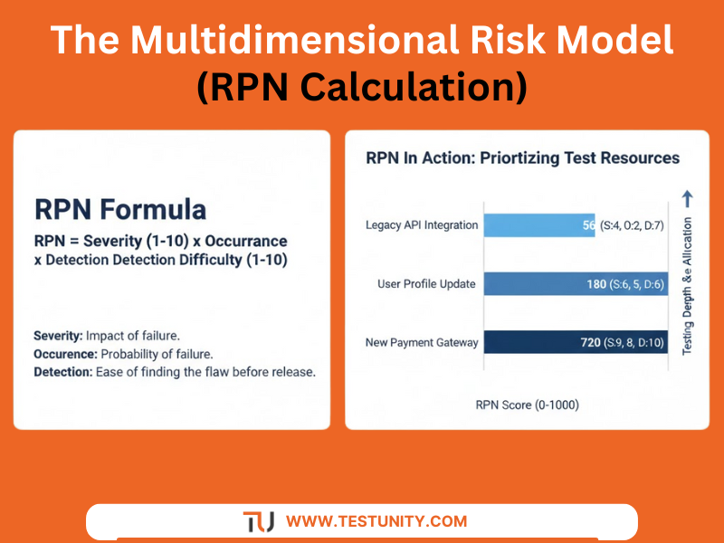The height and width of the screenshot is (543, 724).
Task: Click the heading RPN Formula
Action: click(x=119, y=209)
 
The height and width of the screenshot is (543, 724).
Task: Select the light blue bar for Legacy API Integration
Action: click(x=538, y=225)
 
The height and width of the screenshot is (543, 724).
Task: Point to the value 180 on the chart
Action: click(x=596, y=284)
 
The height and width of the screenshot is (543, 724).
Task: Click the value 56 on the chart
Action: click(x=588, y=225)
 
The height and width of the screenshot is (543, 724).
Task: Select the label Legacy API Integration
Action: click(x=421, y=225)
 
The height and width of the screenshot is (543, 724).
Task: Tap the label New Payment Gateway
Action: click(x=421, y=342)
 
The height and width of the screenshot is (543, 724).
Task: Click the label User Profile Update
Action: click(x=426, y=284)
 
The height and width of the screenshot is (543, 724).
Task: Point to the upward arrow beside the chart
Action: click(x=686, y=196)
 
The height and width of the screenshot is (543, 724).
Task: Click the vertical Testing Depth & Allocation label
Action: click(x=687, y=285)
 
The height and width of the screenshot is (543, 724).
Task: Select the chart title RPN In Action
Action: click(x=522, y=157)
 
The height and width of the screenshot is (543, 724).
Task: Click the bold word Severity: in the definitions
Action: click(x=60, y=337)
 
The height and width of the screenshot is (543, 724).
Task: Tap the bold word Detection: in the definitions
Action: click(x=63, y=372)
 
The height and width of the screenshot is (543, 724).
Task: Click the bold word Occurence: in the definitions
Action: click(x=65, y=354)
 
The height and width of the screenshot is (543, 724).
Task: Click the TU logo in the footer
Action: click(x=259, y=521)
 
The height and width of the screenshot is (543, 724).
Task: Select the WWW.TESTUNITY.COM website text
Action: click(x=376, y=521)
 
